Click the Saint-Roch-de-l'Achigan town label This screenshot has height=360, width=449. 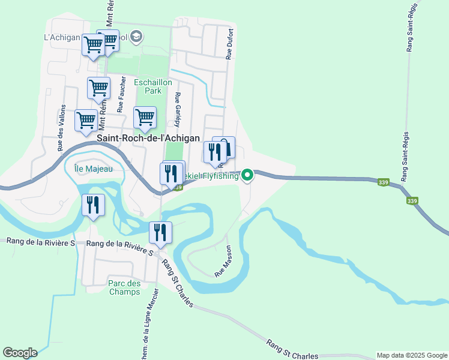[x=148, y=138]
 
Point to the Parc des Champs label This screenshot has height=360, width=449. [x=125, y=287]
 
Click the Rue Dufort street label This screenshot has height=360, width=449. [x=229, y=46]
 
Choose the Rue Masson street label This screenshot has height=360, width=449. [x=224, y=260]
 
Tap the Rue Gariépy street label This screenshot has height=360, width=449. [x=177, y=110]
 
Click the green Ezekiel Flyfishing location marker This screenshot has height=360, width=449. [x=247, y=175]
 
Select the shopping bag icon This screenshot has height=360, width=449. [x=225, y=147]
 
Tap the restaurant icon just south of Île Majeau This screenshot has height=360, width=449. [x=94, y=205]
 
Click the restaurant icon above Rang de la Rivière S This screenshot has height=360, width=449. [x=160, y=232]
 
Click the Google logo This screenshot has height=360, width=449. [x=20, y=353]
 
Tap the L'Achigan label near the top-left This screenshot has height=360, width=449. [x=62, y=37]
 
